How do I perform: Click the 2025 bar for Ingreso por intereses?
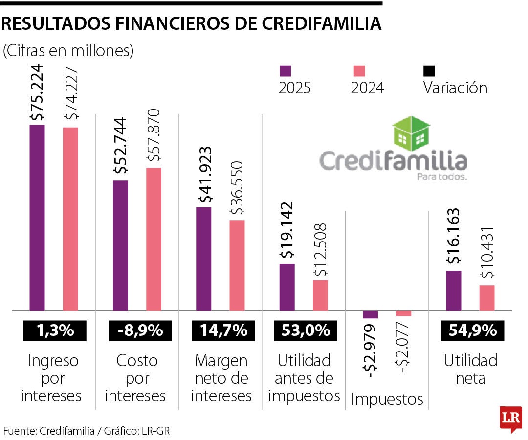[x=37, y=218]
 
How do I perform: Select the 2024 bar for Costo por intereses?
[x=154, y=239]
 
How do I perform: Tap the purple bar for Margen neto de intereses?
[x=204, y=259]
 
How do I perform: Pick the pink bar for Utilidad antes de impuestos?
[x=320, y=295]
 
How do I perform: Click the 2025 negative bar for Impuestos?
[x=371, y=315]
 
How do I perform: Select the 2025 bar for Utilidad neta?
[x=454, y=290]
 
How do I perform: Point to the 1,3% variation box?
[x=54, y=331]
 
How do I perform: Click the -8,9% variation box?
[x=139, y=331]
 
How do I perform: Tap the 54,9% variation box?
[x=470, y=331]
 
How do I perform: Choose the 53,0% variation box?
[x=306, y=331]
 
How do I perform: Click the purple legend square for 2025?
[x=285, y=71]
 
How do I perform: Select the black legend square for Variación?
[x=429, y=71]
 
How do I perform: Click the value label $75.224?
[x=37, y=93]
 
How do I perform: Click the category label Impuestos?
[x=387, y=399]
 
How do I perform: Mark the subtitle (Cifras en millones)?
[x=68, y=51]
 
